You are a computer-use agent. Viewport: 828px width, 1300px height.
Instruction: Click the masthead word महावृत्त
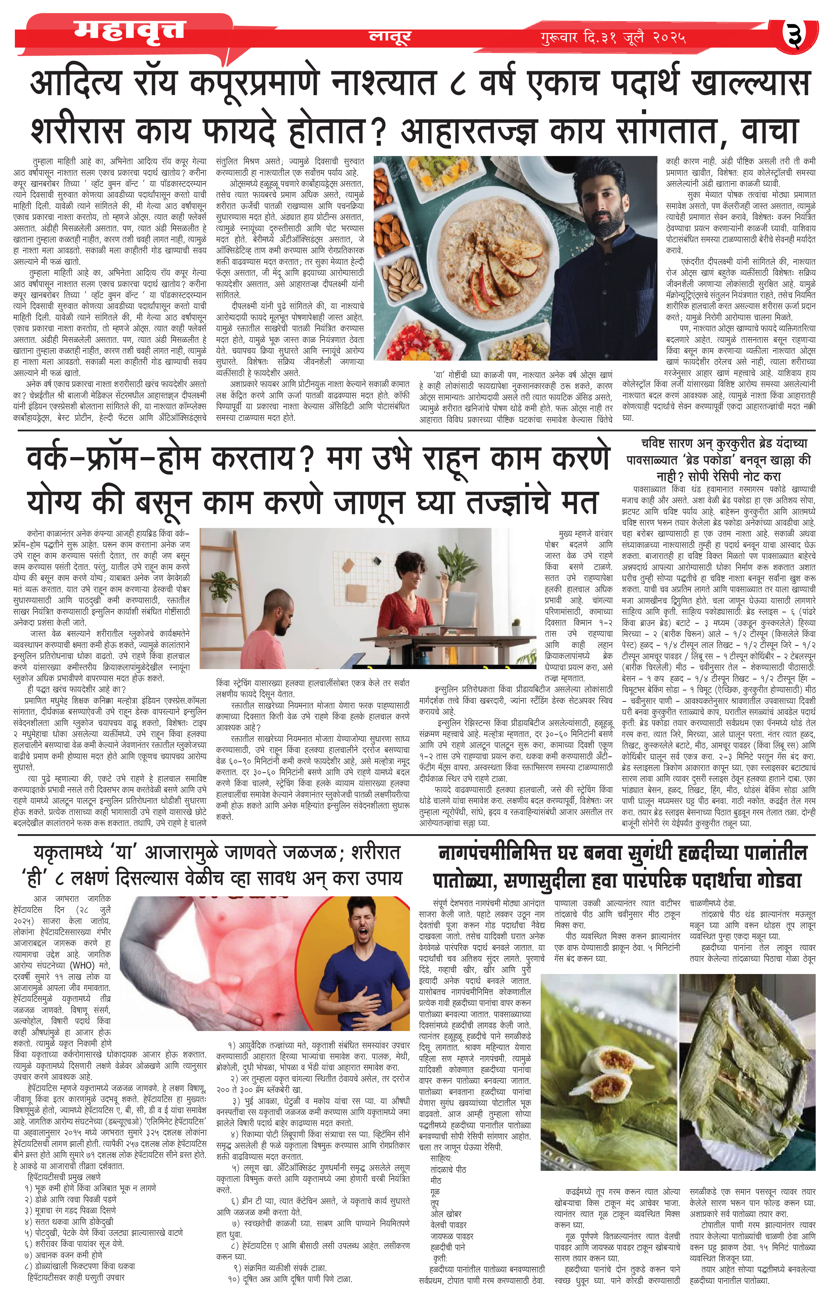click(129, 31)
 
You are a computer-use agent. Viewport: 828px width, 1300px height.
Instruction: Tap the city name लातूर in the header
click(390, 36)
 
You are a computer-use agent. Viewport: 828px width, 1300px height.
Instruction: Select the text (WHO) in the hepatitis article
click(83, 965)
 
